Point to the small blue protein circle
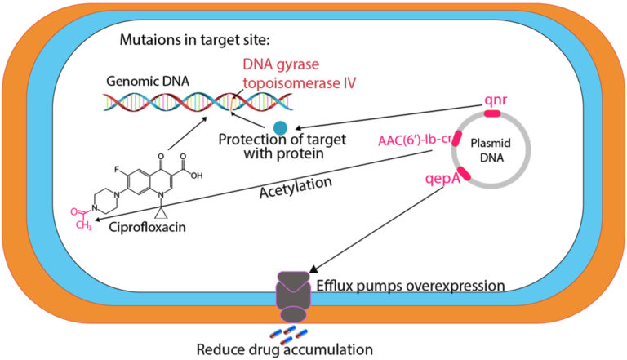[x=281, y=127]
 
